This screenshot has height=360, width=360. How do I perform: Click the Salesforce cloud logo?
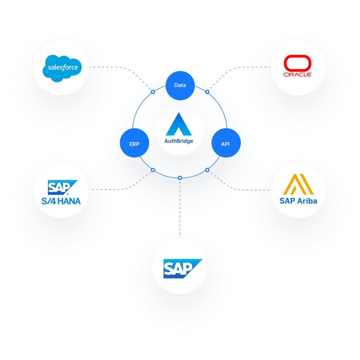click(62, 68)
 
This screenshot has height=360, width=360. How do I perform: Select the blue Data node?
click(180, 85)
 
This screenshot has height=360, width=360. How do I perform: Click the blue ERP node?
click(134, 144)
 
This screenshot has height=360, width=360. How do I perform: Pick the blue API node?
click(226, 144)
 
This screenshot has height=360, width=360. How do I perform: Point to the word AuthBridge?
click(179, 141)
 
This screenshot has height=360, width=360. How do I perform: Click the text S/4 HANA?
click(61, 201)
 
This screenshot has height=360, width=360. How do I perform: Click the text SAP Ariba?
click(298, 201)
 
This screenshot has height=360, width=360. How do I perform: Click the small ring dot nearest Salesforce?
click(153, 92)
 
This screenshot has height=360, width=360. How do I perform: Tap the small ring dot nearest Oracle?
click(207, 92)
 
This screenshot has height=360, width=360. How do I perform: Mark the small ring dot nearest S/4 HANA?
click(153, 170)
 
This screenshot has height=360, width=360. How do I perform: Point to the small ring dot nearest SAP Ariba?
click(207, 170)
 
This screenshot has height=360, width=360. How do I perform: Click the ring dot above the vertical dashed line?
click(180, 178)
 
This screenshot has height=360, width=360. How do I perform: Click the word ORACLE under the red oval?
click(297, 75)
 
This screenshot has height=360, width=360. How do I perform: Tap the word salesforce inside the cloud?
click(63, 67)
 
